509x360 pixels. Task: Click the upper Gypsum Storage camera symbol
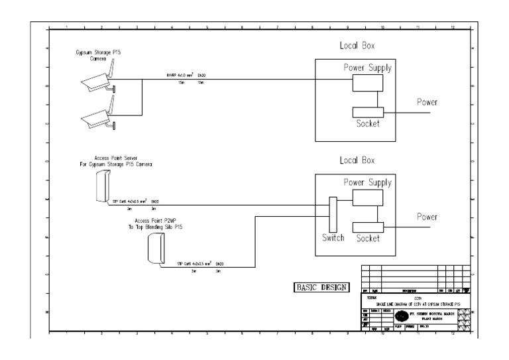[x=96, y=80]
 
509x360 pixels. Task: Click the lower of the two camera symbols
[x=96, y=117]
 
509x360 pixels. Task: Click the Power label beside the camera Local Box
[x=427, y=102]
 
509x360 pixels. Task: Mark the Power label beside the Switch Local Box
[x=427, y=217]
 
